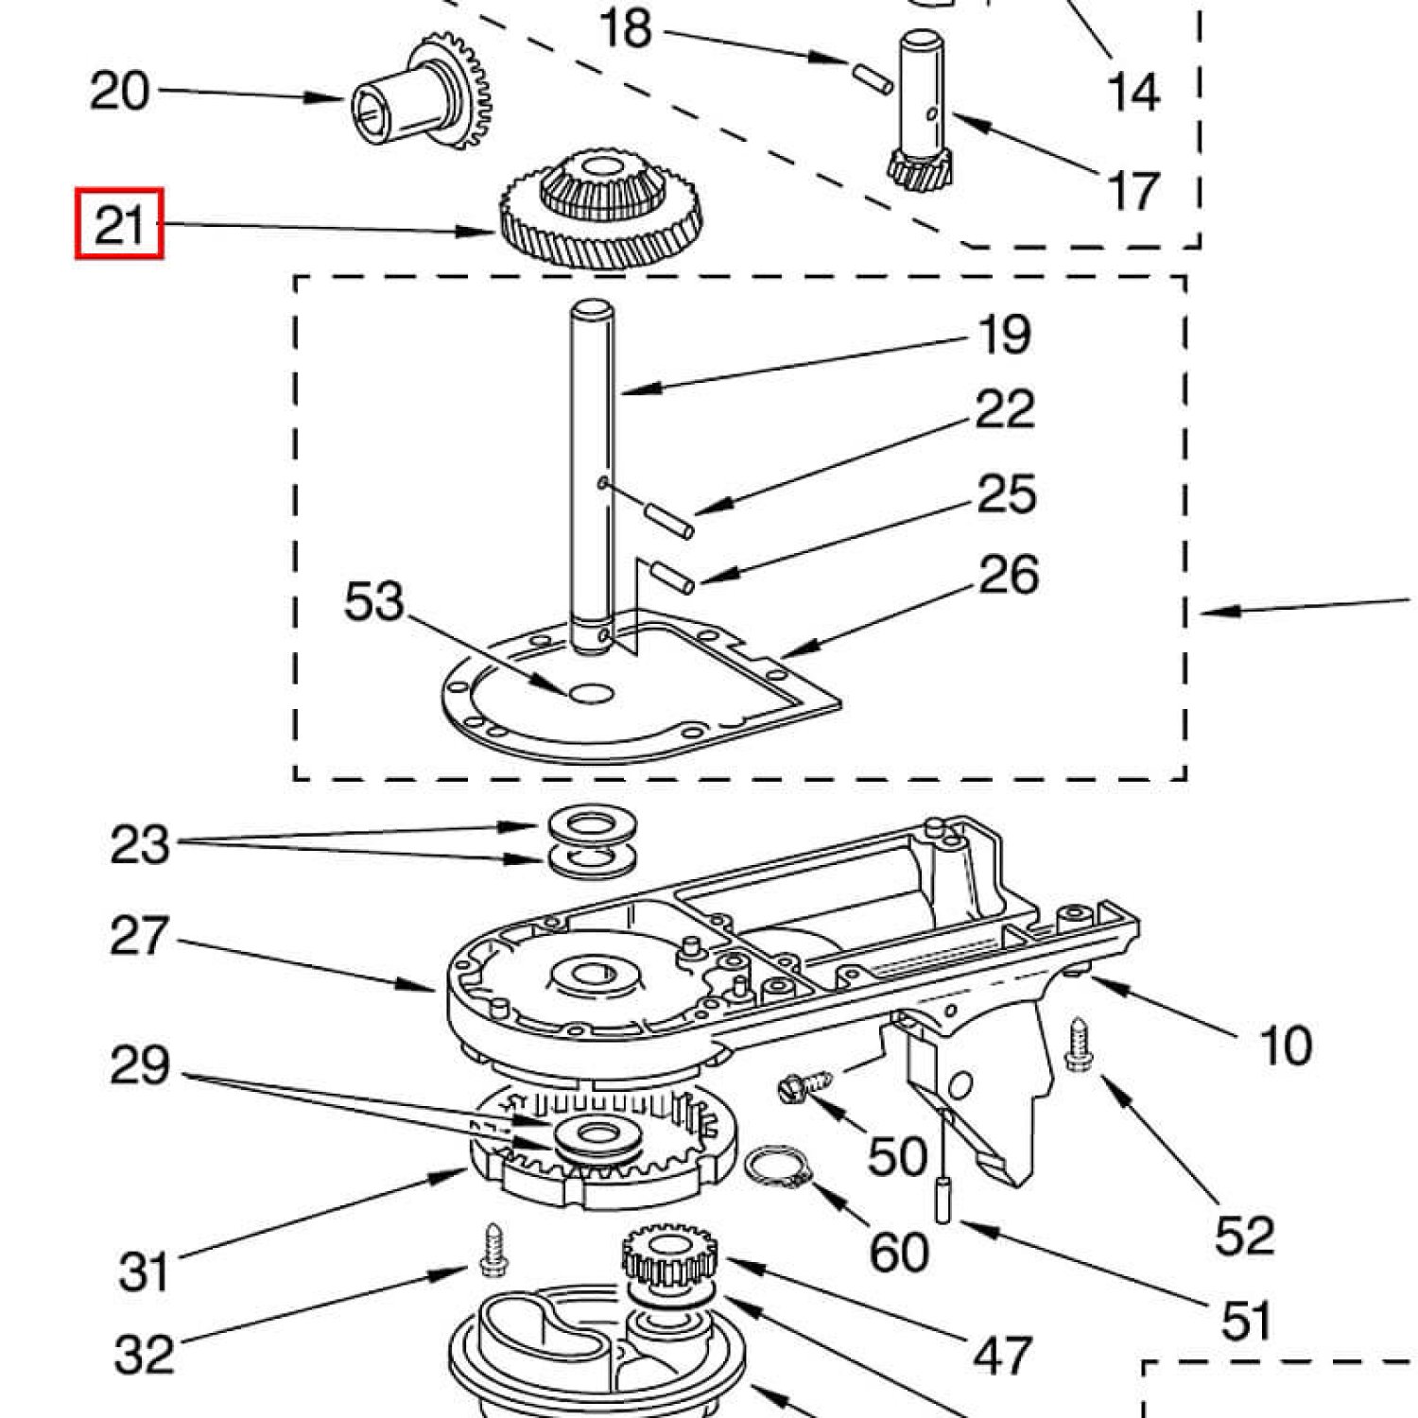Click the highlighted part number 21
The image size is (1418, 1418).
[119, 224]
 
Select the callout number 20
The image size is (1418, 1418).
[119, 91]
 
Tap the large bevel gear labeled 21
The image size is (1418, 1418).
[600, 209]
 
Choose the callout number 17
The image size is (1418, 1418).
[1133, 191]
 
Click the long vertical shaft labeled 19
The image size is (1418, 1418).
[593, 477]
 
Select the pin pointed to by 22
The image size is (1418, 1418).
[669, 521]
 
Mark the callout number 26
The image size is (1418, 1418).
[1009, 575]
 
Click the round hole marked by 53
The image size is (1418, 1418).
[591, 694]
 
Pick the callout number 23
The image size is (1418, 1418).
[140, 844]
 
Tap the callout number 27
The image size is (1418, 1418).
[140, 936]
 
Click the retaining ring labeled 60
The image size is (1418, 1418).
[779, 1168]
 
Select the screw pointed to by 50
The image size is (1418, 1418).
[805, 1085]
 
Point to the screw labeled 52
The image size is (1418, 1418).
[1080, 1045]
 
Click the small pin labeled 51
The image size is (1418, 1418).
[943, 1200]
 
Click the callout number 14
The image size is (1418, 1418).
[1133, 92]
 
